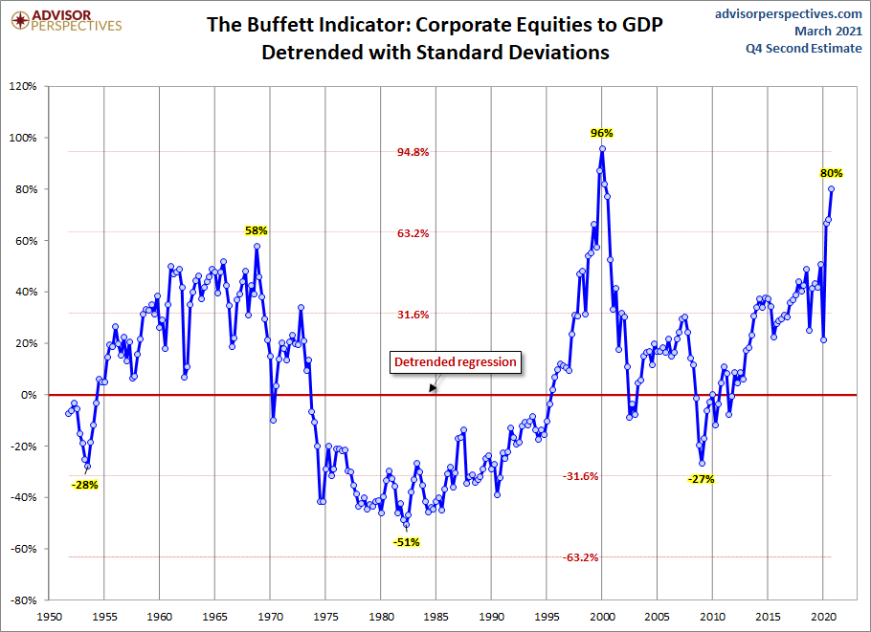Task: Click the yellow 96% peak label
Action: [601, 133]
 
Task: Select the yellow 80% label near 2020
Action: [831, 173]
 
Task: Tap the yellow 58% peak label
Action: [257, 230]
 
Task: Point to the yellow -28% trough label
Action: [84, 484]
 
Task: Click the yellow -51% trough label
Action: [406, 542]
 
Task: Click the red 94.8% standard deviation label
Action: [413, 152]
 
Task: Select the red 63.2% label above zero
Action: [413, 233]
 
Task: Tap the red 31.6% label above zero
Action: [413, 315]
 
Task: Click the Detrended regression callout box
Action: [456, 362]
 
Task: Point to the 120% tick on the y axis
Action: [22, 86]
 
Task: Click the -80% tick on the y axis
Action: [22, 600]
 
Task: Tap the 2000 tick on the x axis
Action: [602, 618]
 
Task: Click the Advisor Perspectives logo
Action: [64, 20]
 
